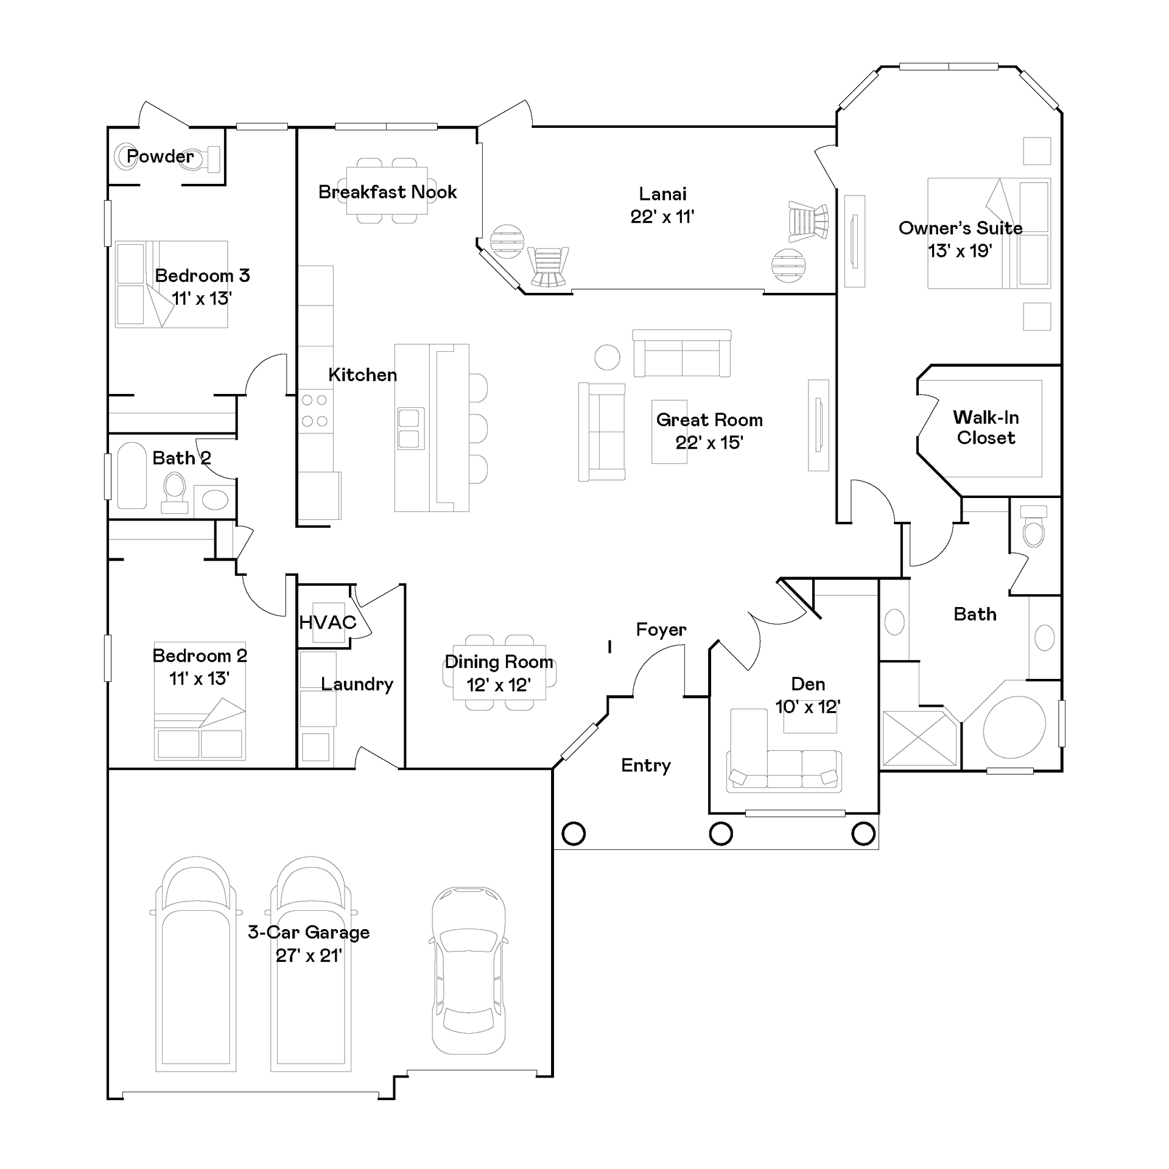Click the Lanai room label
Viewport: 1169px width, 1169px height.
point(662,194)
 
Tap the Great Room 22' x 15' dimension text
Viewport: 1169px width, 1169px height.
point(709,443)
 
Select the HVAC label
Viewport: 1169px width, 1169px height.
point(328,622)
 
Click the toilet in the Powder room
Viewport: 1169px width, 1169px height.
point(204,158)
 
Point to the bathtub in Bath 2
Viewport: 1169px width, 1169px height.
point(132,476)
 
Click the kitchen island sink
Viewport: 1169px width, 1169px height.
point(411,429)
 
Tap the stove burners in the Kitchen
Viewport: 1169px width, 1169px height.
point(315,410)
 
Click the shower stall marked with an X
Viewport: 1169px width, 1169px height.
point(919,738)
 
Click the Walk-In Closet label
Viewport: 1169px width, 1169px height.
point(986,427)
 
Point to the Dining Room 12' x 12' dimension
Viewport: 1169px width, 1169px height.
point(499,685)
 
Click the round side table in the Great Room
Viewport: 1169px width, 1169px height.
point(607,357)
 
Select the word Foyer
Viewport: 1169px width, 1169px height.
point(661,630)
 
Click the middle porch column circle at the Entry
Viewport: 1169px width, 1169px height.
point(721,834)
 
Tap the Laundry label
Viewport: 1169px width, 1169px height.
point(357,684)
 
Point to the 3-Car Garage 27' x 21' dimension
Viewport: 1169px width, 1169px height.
point(309,955)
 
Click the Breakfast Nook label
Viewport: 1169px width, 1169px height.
point(387,192)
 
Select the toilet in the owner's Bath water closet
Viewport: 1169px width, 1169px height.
point(1034,527)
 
